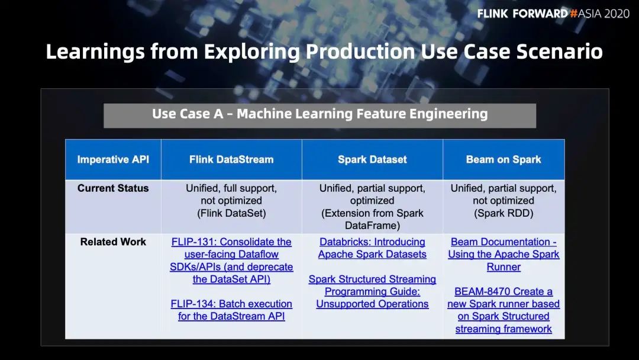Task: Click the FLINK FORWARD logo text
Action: click(522, 14)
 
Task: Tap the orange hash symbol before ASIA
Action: click(574, 14)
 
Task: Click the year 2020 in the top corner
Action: click(617, 14)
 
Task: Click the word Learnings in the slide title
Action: click(95, 52)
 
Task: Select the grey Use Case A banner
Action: click(319, 115)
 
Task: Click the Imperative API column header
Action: click(113, 159)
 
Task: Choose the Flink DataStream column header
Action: click(231, 159)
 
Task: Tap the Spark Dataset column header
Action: click(373, 159)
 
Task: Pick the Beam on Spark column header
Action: click(504, 159)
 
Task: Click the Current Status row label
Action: click(113, 188)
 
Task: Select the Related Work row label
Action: click(113, 242)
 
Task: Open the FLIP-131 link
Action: click(231, 261)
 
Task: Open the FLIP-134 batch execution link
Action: click(231, 310)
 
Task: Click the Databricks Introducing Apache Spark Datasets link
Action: click(373, 248)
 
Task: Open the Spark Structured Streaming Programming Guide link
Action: click(373, 291)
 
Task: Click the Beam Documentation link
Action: click(504, 255)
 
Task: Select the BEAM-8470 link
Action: click(504, 310)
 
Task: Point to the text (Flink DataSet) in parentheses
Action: click(231, 213)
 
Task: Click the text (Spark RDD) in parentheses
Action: click(504, 213)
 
